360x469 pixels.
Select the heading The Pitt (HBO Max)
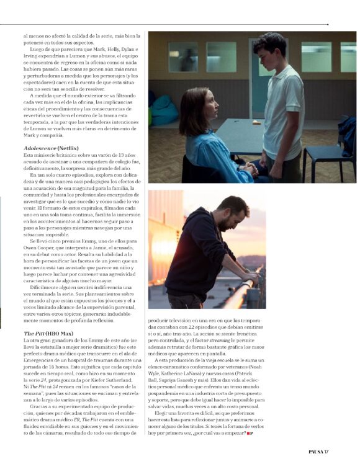click(48, 333)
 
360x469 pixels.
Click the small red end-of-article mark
click(250, 434)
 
